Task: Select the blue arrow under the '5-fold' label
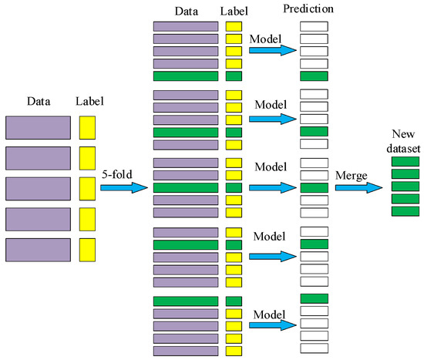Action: tap(123, 188)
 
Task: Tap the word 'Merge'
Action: tap(352, 175)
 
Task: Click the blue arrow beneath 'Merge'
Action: tap(358, 188)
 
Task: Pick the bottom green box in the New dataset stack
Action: tap(405, 211)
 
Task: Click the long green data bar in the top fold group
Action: tap(186, 76)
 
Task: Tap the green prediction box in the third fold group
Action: tap(314, 187)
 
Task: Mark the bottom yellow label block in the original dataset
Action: tap(87, 251)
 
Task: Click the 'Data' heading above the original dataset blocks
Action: tap(39, 101)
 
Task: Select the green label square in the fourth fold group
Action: tap(234, 244)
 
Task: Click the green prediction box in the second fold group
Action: tap(314, 132)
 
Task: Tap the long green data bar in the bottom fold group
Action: tap(186, 301)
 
